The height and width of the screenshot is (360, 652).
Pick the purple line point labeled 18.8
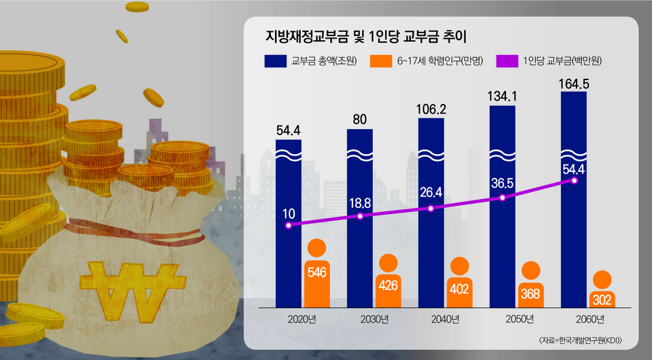(360, 216)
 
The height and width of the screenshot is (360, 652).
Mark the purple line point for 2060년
(575, 181)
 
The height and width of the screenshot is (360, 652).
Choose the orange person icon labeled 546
(317, 272)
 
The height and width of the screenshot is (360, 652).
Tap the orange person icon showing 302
(602, 291)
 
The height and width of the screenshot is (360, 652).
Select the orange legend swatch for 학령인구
(380, 62)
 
